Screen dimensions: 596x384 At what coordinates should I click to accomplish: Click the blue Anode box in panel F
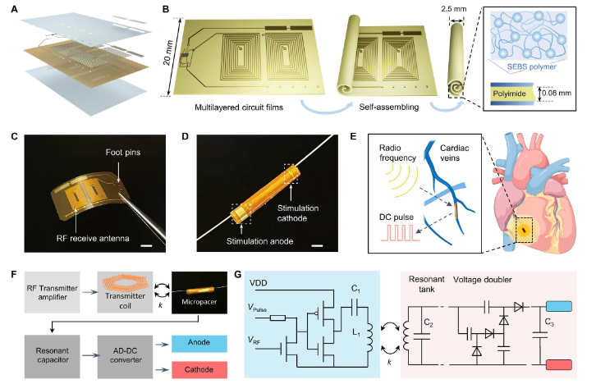(x=199, y=343)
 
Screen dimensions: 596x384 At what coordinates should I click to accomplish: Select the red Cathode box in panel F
(x=199, y=370)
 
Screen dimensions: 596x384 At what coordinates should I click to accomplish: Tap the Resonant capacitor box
(x=53, y=356)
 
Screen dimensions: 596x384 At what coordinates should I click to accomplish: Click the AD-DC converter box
(x=126, y=356)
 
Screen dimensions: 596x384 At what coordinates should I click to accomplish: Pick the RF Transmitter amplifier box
(x=53, y=292)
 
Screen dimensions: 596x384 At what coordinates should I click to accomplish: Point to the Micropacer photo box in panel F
(x=199, y=292)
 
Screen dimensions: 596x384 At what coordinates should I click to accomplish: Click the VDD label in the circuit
(x=259, y=283)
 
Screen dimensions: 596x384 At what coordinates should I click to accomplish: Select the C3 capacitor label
(x=549, y=322)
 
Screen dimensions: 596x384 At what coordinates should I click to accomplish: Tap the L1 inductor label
(x=356, y=333)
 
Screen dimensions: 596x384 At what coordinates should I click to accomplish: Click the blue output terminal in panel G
(x=559, y=306)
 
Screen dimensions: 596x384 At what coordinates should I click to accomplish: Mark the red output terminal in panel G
(x=559, y=365)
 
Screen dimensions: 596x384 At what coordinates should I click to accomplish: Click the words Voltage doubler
(x=483, y=280)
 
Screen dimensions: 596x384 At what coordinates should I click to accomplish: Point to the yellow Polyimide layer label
(x=509, y=94)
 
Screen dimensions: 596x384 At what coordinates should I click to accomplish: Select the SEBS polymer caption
(x=531, y=66)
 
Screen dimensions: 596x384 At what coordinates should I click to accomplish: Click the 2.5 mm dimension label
(x=454, y=8)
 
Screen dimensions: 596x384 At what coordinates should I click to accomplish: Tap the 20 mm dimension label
(x=168, y=53)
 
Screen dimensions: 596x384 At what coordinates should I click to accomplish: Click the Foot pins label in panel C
(x=123, y=153)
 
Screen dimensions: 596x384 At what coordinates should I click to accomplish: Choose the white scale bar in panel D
(x=317, y=246)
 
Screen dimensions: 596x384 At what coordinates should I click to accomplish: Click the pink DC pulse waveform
(x=401, y=233)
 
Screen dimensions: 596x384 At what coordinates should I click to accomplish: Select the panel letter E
(x=354, y=136)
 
